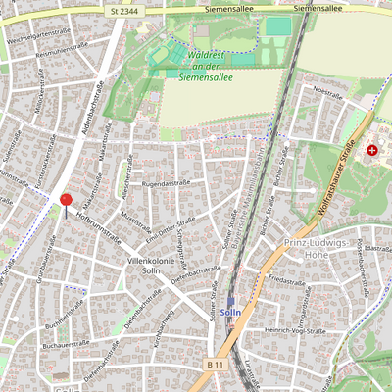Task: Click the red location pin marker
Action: point(66,200)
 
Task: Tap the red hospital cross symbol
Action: point(372,150)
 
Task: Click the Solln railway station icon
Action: point(232,303)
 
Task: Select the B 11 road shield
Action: point(216,363)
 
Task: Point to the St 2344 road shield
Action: point(124,9)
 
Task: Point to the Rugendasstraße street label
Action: point(166,183)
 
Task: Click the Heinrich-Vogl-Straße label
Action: point(295,331)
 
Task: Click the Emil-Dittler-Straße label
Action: point(171,226)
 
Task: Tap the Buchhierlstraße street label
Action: point(66,317)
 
